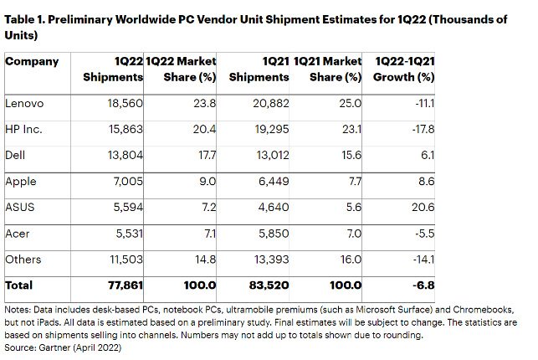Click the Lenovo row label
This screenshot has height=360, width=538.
[24, 104]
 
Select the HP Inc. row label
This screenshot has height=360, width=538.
[23, 130]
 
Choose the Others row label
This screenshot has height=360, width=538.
[23, 260]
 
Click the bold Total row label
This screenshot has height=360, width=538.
[19, 285]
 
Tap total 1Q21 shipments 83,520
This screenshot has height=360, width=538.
[269, 285]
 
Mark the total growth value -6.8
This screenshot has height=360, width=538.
[426, 285]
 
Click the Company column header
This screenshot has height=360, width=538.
[33, 61]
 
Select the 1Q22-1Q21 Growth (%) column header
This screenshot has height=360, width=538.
[406, 69]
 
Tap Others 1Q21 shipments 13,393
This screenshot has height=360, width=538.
[270, 260]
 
